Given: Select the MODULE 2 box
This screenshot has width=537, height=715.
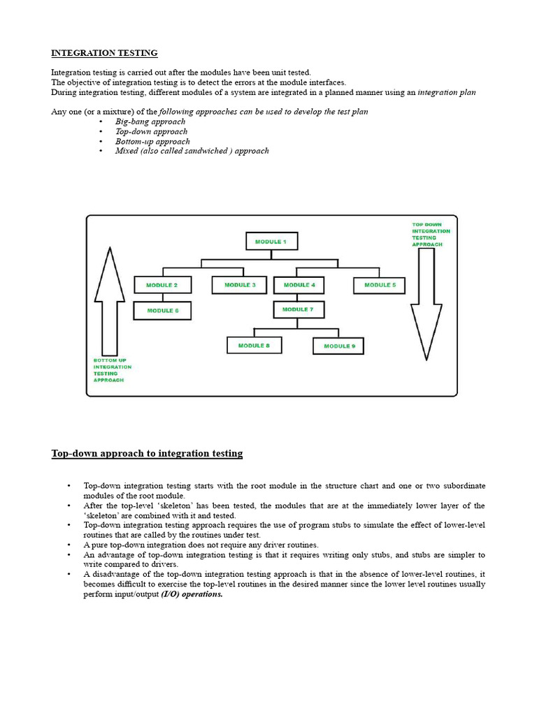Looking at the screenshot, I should click(162, 286).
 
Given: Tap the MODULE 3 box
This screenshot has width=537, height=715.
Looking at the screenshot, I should click(240, 286).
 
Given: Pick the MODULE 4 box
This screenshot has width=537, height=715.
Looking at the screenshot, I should click(299, 286).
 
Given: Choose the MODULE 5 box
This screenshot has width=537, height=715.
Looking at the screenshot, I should click(379, 286).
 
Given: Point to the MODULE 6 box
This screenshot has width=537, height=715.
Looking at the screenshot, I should click(162, 311).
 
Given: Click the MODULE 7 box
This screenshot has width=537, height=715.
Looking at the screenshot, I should click(299, 309).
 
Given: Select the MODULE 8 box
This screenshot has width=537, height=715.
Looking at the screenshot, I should click(253, 346).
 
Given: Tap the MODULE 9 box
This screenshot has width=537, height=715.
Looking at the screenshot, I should click(338, 346).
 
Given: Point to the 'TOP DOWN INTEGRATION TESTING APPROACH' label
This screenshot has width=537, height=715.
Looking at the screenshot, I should click(431, 235).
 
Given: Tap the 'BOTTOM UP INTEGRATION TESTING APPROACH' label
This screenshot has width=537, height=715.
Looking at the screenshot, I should click(112, 370).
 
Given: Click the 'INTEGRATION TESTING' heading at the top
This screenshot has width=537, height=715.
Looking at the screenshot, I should click(104, 53).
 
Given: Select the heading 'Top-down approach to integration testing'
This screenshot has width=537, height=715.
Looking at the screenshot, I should click(147, 454).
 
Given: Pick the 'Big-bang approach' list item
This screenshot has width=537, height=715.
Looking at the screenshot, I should click(150, 121).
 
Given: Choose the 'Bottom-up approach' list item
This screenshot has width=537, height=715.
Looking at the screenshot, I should click(152, 141).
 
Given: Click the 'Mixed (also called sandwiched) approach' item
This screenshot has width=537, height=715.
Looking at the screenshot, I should click(192, 151).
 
